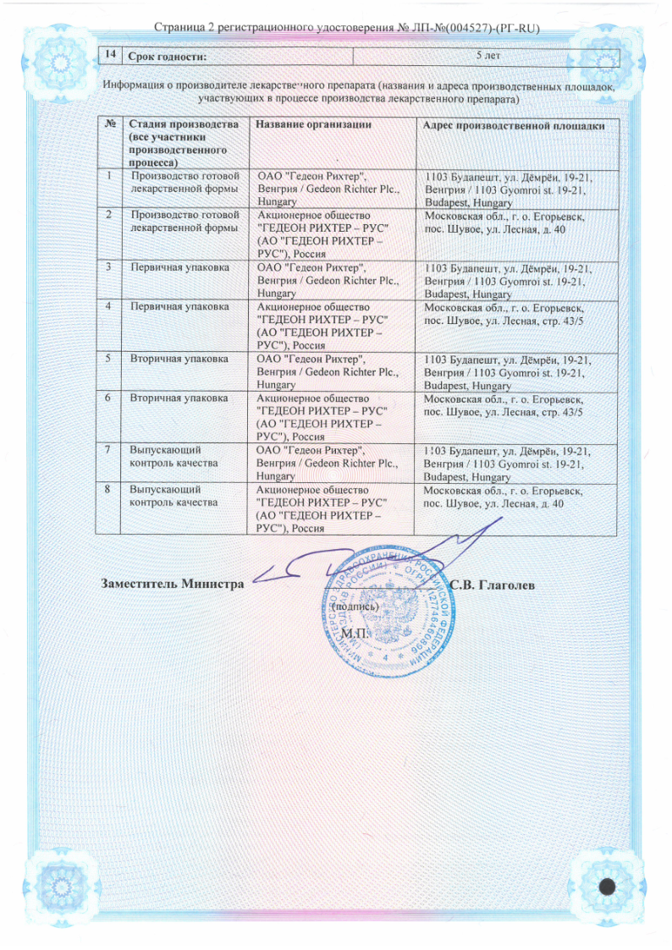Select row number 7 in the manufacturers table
click(x=110, y=448)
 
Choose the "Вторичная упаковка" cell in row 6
click(x=179, y=397)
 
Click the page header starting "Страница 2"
click(x=336, y=30)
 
